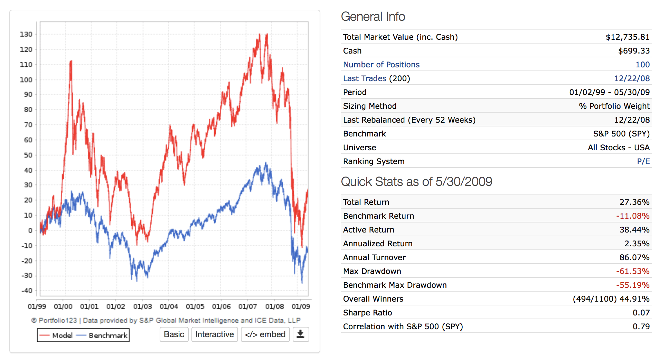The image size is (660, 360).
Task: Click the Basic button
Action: click(174, 334)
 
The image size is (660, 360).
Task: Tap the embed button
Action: click(265, 334)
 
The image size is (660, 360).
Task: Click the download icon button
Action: click(301, 334)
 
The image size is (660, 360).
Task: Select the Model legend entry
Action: click(56, 335)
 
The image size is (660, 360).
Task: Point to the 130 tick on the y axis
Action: click(26, 34)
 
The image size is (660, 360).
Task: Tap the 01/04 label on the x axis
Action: click(169, 306)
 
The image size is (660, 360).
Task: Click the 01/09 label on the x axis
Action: click(301, 306)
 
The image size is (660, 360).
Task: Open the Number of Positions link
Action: click(381, 65)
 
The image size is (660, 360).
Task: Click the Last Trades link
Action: click(365, 78)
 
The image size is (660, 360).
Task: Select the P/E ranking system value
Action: click(643, 161)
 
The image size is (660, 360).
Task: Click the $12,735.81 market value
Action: click(628, 37)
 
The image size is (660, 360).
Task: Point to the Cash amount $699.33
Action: click(634, 51)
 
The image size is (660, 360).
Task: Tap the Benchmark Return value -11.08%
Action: click(633, 216)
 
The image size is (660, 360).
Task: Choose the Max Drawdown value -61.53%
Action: click(633, 271)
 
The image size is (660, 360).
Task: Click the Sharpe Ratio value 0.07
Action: click(641, 313)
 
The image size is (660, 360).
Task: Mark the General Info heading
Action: click(373, 17)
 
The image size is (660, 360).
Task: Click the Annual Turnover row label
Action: click(374, 257)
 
